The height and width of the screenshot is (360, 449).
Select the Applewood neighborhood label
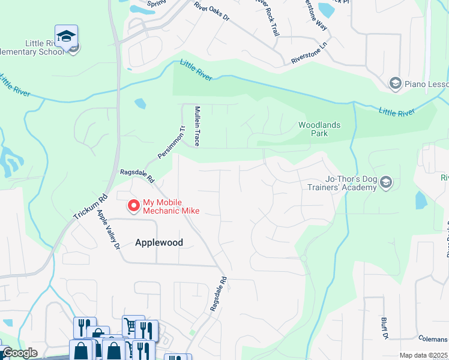pos(158,242)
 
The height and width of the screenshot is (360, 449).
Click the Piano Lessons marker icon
pos(395,83)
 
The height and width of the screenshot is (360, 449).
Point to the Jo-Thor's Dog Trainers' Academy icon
pos(386,182)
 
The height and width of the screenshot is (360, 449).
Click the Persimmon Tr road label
pos(170,143)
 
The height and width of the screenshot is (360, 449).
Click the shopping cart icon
pos(130,325)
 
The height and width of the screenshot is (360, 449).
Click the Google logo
pos(19,353)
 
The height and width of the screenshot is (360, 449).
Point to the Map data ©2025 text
pos(424,355)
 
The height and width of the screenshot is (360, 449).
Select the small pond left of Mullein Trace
pos(140,103)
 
